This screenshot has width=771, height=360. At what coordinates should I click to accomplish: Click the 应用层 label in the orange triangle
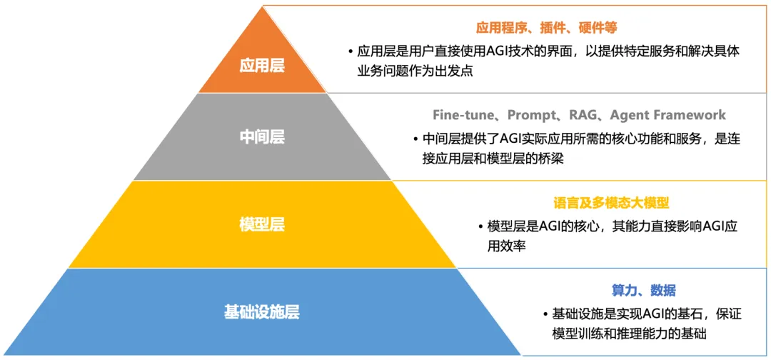262,66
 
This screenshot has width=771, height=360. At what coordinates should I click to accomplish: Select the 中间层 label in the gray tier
262,137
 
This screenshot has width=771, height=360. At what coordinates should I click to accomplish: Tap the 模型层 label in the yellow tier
262,225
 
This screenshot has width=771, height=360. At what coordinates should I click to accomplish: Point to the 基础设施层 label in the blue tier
261,312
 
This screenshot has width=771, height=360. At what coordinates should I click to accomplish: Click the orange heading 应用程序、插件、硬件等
546,28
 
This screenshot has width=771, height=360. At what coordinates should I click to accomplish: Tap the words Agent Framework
668,115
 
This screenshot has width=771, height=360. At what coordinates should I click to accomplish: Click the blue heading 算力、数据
643,290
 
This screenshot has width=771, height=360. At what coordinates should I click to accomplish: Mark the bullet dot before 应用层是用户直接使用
351,52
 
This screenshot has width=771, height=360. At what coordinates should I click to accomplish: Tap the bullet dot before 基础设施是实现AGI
545,314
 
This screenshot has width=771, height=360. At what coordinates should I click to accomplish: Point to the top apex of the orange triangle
262,6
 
